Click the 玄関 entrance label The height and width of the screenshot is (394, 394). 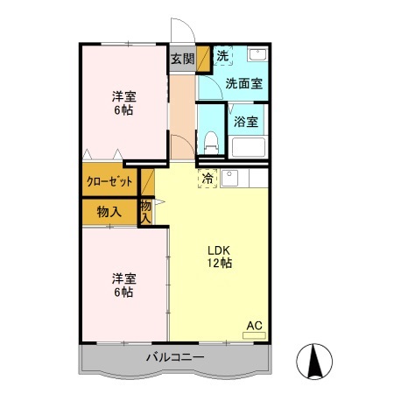(182, 59)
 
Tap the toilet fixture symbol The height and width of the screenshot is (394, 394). (211, 143)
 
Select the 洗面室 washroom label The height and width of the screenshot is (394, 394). (244, 84)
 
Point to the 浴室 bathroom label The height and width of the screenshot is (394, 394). (246, 122)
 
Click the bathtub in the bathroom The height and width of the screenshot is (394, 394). (248, 147)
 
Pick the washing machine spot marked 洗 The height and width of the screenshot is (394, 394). (223, 56)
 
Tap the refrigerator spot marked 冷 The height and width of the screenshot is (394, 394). (208, 179)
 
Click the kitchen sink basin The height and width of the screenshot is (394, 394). (229, 178)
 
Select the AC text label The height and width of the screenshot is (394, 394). (254, 326)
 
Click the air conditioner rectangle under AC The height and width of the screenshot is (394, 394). (254, 335)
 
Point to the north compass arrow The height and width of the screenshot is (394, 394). (314, 361)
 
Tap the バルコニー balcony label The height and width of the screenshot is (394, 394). (175, 357)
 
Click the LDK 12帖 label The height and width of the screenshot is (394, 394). (220, 257)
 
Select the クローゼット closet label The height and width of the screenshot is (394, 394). (109, 181)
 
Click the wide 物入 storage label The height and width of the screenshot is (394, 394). (109, 212)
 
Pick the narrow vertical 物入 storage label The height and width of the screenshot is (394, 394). (146, 212)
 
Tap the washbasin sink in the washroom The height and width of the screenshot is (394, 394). (257, 54)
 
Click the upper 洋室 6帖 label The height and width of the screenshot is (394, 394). (123, 103)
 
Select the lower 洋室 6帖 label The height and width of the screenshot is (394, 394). (123, 285)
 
